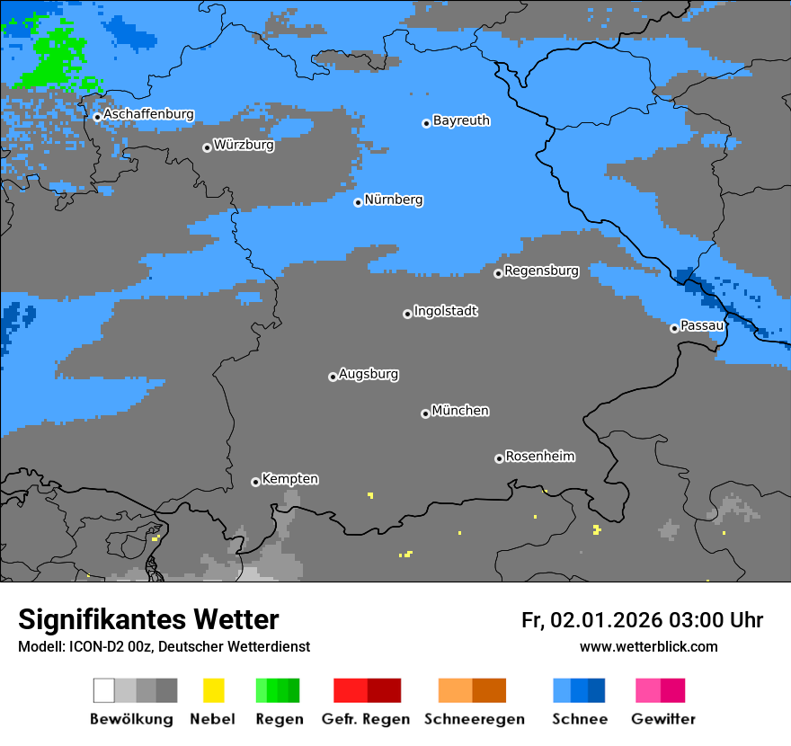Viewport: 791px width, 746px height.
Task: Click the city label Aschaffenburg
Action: coord(148,114)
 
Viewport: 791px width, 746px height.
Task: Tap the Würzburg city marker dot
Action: coord(207,147)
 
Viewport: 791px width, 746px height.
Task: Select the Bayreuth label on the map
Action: coord(461,120)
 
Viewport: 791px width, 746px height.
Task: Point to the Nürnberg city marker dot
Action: coord(358,202)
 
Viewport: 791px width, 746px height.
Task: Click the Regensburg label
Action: coord(541,271)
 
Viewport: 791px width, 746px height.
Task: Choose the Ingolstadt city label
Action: coord(445,311)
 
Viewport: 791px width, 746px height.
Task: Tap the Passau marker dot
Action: coord(674,328)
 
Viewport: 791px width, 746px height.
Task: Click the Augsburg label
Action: coord(369,374)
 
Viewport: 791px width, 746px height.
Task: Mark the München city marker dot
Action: coord(425,413)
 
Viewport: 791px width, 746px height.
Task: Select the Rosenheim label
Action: coord(539,456)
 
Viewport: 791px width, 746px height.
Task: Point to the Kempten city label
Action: coord(289,479)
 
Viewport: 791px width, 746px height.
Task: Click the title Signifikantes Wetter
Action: coord(148,619)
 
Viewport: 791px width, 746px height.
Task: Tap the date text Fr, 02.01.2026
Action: coord(591,620)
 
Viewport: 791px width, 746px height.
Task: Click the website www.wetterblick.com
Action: coord(648,646)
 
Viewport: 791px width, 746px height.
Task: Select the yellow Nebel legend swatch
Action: coord(213,690)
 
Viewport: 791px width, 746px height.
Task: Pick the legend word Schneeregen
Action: coord(474,719)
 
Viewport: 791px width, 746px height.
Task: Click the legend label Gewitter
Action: coord(662,719)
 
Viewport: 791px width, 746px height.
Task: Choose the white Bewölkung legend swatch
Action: coord(103,690)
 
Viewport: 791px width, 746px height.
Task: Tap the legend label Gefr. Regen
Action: coord(366,719)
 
